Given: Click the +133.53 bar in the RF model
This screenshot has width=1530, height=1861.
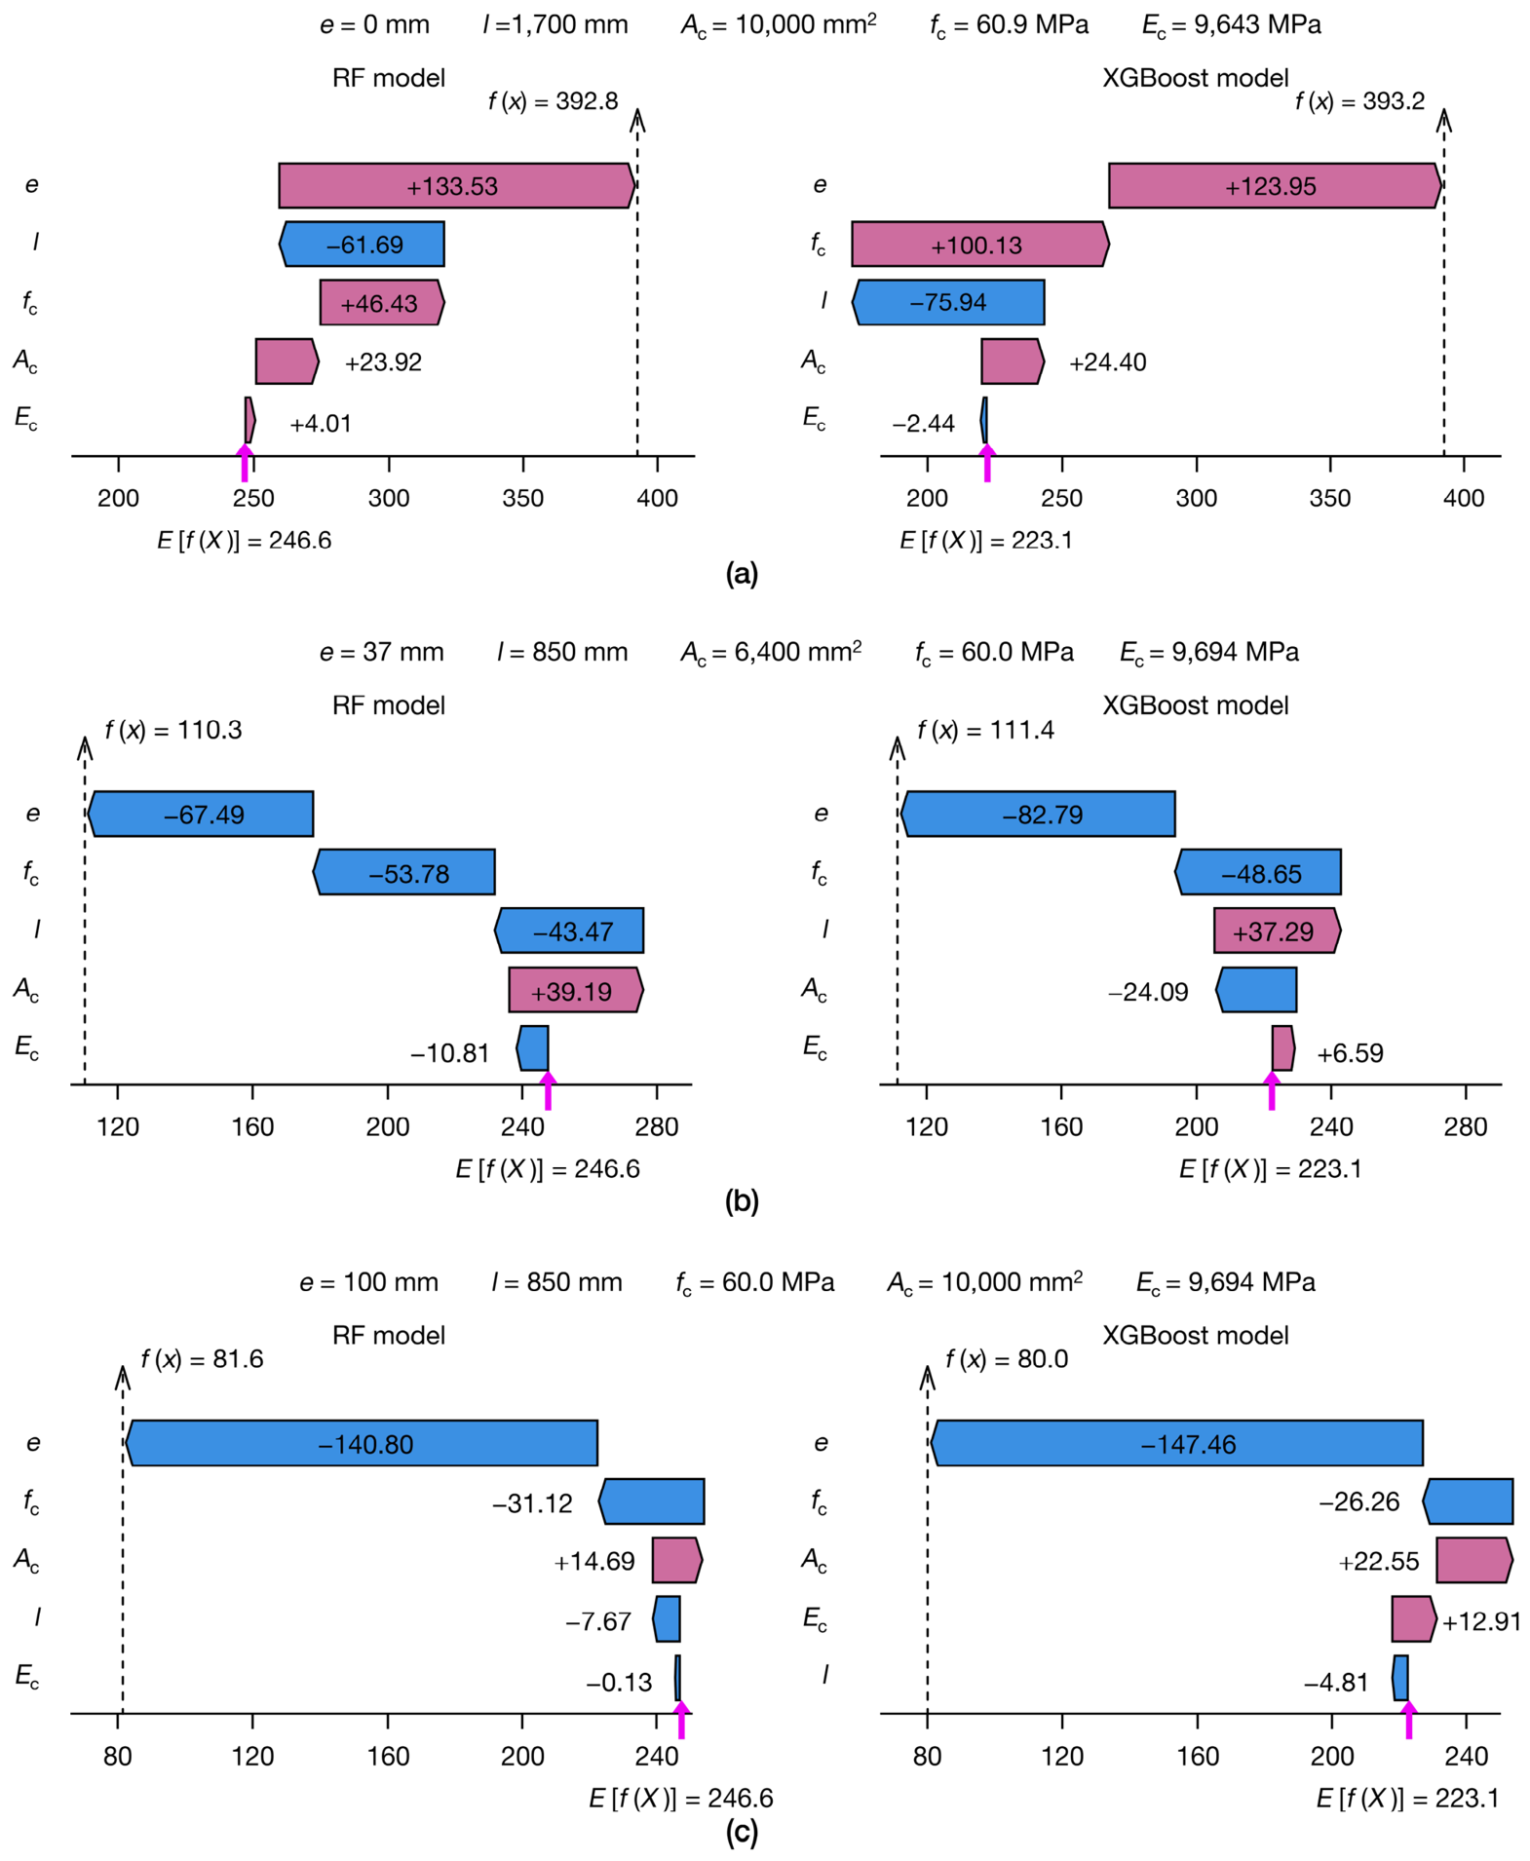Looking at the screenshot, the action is tap(456, 185).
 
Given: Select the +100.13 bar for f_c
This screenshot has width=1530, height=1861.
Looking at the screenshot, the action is tap(980, 244).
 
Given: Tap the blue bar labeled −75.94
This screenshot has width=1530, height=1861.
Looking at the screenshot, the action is tap(948, 302).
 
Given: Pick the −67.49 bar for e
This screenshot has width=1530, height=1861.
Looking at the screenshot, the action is tap(201, 814).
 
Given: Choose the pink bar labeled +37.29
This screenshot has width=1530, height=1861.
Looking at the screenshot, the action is tap(1277, 930).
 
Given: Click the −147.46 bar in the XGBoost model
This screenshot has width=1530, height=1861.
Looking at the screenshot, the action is tap(1177, 1443).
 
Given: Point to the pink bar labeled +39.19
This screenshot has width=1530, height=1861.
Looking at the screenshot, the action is tap(576, 990).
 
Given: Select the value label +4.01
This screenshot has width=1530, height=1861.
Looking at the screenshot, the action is tap(321, 424).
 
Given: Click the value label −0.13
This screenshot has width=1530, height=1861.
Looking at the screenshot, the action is tap(619, 1683).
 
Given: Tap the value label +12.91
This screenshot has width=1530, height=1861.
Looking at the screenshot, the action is tap(1481, 1622).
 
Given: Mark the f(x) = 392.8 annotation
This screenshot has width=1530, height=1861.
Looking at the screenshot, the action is tap(553, 101).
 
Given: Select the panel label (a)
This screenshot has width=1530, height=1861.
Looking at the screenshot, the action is tap(742, 573).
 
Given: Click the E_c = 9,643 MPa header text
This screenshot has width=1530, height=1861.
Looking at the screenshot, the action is tap(1232, 25).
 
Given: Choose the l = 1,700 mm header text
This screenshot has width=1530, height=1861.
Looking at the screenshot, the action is tap(555, 24).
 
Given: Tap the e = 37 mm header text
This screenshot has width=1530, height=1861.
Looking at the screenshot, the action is tap(381, 652).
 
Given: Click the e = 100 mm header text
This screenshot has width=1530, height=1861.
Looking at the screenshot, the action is tap(368, 1282).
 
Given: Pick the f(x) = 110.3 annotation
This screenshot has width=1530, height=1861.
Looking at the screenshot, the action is tap(173, 730).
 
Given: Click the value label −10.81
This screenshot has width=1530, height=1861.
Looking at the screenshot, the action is tap(449, 1053).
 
